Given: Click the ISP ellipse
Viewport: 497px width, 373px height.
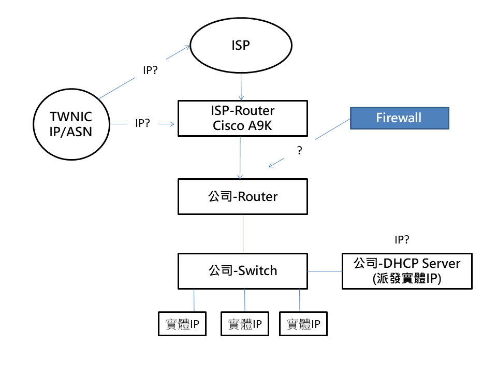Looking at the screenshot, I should point(241,46).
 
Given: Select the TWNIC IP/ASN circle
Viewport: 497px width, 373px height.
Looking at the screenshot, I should point(71,124).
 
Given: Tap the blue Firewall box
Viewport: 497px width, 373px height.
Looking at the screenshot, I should point(399,118).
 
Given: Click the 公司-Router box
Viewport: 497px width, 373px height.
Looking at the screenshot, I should point(242,196).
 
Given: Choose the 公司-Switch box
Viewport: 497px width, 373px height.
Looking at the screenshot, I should point(242,270).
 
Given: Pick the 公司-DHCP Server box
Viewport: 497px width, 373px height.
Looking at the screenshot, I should point(407,270).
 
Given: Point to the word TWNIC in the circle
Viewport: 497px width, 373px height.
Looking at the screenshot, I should point(71,117).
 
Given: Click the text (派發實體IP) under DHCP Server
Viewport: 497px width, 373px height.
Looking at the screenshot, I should point(407,278).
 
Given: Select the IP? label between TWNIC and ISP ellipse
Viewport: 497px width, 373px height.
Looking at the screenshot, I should point(151,70).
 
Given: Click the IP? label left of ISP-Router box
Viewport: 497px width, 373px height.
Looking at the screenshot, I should point(142,123).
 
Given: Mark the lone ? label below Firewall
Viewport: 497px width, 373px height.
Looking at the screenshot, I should point(299,151).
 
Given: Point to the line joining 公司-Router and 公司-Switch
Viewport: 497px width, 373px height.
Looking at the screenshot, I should point(243,234).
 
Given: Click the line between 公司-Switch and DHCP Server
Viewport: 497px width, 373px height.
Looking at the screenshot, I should point(325,271).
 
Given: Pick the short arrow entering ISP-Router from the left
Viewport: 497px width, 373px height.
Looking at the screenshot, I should point(167,124).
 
